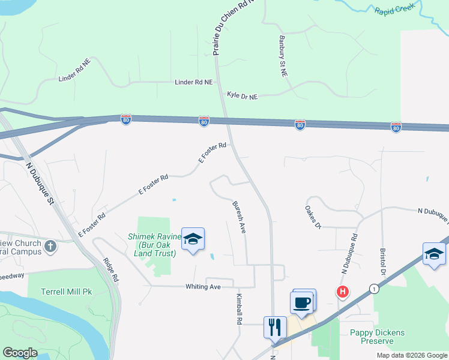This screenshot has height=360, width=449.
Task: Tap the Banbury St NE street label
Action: tap(283, 55)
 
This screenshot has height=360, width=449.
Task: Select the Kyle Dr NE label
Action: tap(242, 95)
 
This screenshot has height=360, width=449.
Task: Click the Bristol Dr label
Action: tap(382, 262)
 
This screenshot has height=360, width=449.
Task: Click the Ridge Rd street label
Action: tap(112, 271)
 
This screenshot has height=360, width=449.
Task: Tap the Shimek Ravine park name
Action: tap(151, 245)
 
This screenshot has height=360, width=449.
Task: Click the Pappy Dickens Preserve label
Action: tap(377, 337)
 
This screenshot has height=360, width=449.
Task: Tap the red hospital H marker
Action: tap(343, 292)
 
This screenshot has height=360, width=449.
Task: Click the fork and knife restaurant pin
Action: tap(274, 328)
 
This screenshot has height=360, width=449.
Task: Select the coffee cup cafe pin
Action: tap(302, 302)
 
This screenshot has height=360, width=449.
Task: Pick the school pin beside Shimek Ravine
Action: tap(193, 239)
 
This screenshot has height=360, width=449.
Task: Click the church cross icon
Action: tap(51, 245)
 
